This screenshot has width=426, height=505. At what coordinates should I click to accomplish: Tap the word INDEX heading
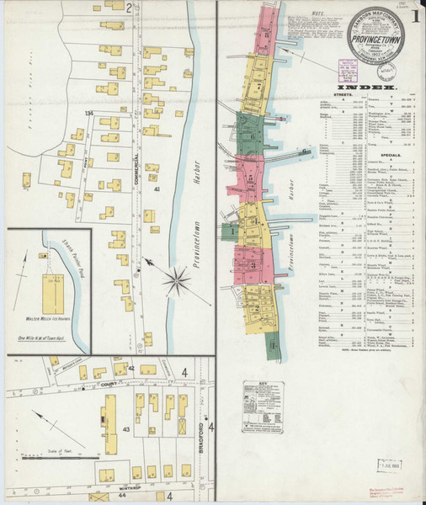point(363,86)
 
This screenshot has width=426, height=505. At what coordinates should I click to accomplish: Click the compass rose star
point(178,278)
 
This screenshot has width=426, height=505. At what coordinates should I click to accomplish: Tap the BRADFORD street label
point(203,438)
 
